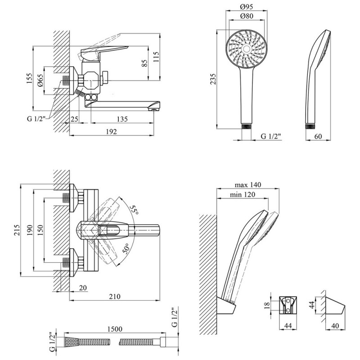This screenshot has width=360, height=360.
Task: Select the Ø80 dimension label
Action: pyautogui.click(x=246, y=17)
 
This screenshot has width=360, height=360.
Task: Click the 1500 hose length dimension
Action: pyautogui.click(x=115, y=329)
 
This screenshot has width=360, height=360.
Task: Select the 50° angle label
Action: pyautogui.click(x=127, y=248)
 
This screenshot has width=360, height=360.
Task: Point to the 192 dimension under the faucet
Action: pyautogui.click(x=112, y=132)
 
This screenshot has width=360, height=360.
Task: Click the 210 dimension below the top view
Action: pyautogui.click(x=115, y=297)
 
